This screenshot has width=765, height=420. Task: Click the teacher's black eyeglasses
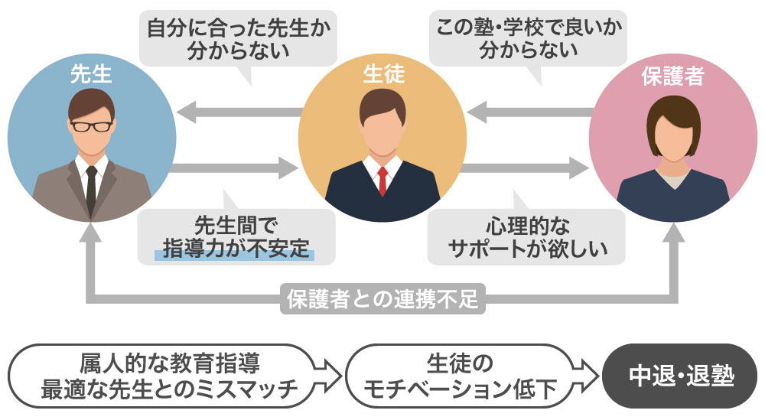pyautogui.click(x=91, y=125)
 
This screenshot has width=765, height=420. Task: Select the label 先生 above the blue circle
pyautogui.click(x=91, y=74)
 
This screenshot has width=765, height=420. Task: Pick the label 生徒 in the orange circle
pyautogui.click(x=382, y=74)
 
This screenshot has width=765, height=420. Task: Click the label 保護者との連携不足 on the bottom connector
pyautogui.click(x=382, y=297)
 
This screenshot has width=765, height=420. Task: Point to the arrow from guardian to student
pyautogui.click(x=528, y=113)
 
